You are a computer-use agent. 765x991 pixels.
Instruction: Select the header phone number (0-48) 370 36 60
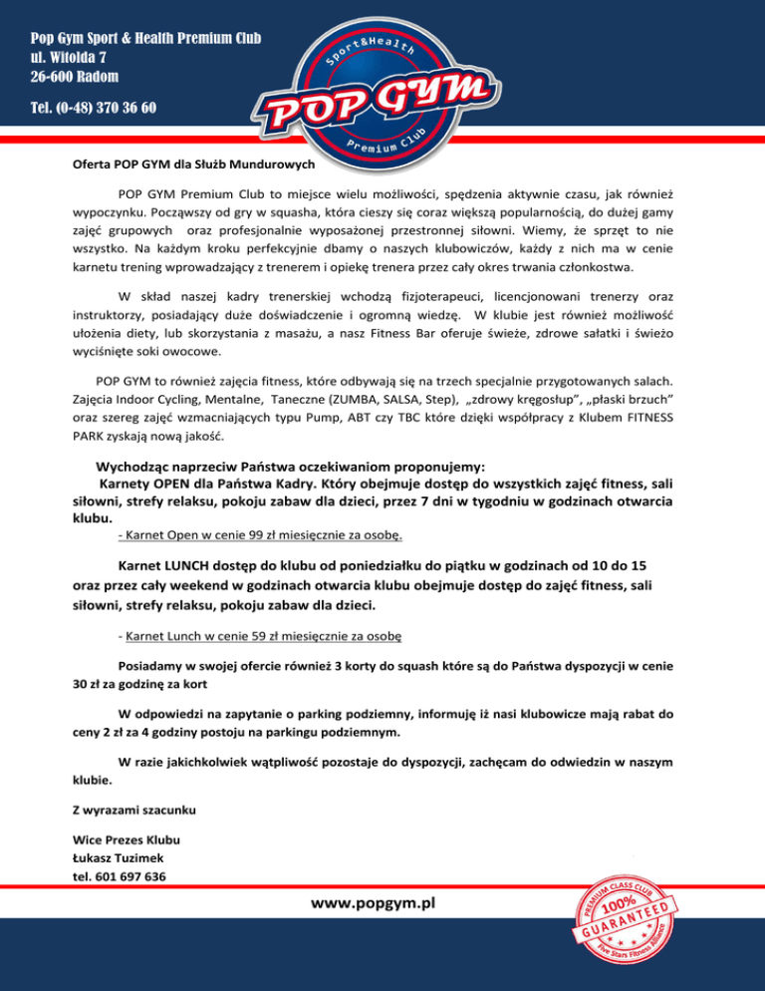(x=94, y=107)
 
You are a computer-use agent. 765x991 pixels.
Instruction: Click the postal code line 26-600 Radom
(x=75, y=77)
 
